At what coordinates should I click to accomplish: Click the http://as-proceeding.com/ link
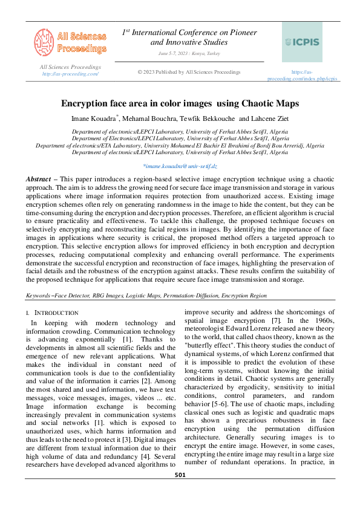point(70,73)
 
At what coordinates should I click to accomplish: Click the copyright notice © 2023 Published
point(189,72)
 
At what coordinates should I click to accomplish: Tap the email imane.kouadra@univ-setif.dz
point(180,165)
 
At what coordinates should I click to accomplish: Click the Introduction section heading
point(56,313)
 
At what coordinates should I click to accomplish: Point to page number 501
point(180,492)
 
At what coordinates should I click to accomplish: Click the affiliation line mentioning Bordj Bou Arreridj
point(180,146)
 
